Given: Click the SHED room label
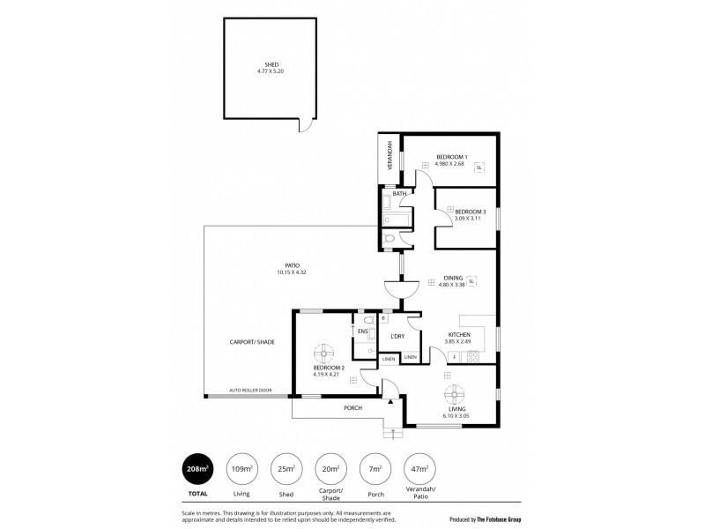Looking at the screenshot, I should click(x=271, y=63).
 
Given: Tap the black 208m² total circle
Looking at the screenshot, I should click(x=197, y=468).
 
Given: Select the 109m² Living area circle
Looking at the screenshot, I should click(x=241, y=468).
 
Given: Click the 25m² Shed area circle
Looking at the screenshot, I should click(x=286, y=468).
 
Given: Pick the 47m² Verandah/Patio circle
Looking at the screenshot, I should click(x=418, y=468).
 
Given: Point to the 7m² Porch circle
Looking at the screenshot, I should click(x=374, y=468).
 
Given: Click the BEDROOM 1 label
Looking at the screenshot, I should click(x=450, y=157).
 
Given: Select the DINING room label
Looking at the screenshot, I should click(x=452, y=277).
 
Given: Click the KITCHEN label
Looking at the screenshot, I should click(x=459, y=335).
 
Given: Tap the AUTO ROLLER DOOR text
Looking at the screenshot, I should click(x=250, y=390).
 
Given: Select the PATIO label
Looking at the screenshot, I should click(x=292, y=265).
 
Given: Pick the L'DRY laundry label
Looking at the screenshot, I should click(x=397, y=337).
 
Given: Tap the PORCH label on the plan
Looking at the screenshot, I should click(x=352, y=407).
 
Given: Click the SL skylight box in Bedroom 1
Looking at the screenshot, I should click(x=479, y=167).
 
